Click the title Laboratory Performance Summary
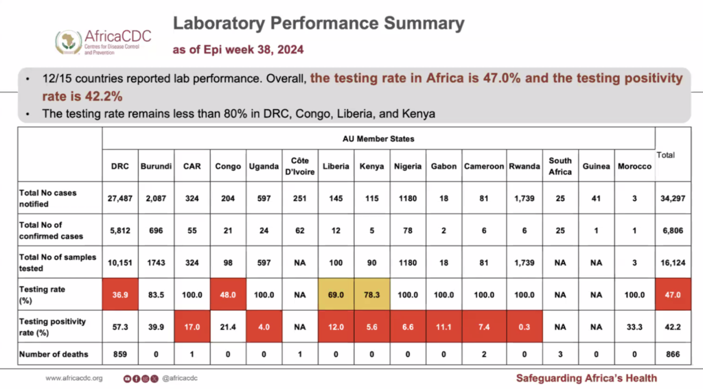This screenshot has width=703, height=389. coord(318,23)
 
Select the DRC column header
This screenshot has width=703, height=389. coord(120,167)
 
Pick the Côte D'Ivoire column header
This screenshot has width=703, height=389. coord(299,167)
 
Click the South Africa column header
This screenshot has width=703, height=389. coord(560,167)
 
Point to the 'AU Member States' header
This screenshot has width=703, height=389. coord(378,139)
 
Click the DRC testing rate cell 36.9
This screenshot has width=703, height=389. coord(120,294)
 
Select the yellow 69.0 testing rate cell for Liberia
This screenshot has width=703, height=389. coord(336,294)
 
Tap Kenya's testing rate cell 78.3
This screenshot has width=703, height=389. coord(371,294)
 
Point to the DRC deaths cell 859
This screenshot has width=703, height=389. coord(120,355)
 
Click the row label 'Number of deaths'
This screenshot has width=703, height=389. coord(54,355)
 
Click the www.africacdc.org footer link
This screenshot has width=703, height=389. coord(73,378)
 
